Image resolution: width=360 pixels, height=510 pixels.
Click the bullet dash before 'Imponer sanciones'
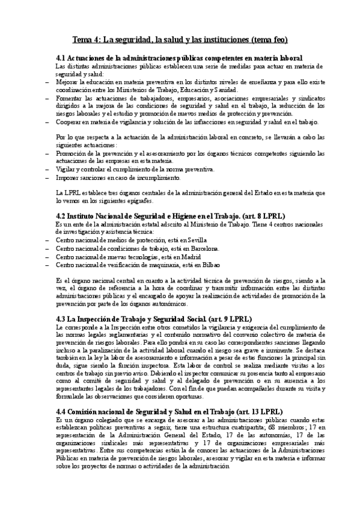tap(47, 177)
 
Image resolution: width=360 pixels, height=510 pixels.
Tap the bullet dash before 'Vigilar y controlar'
tap(47, 170)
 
